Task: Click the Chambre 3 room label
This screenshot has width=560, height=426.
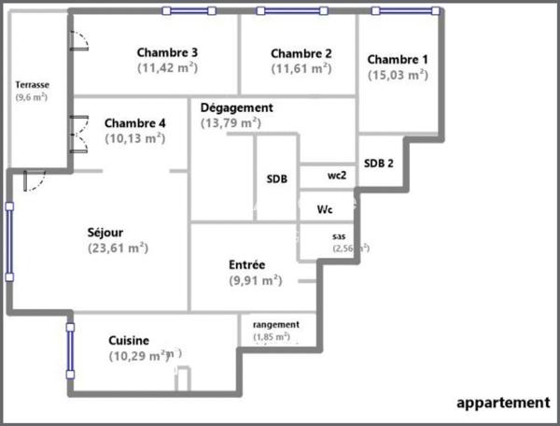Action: point(167,52)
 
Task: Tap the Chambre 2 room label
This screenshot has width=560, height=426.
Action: point(301,53)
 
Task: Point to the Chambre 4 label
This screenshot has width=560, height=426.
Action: point(135,122)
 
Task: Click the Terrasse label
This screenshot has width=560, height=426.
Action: point(31,84)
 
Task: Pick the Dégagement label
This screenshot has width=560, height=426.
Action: point(237,107)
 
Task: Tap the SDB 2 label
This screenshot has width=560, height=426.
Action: point(378,163)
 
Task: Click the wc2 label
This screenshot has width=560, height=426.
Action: point(337,175)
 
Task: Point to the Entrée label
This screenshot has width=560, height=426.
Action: point(246,264)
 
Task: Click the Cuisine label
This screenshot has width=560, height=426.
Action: point(129,340)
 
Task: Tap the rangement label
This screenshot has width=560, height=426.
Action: point(276,323)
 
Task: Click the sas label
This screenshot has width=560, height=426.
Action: point(339,236)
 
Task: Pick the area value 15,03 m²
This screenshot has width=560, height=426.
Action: point(398,75)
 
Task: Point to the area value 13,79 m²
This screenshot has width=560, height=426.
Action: point(231,122)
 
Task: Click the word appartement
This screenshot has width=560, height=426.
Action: point(502,403)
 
